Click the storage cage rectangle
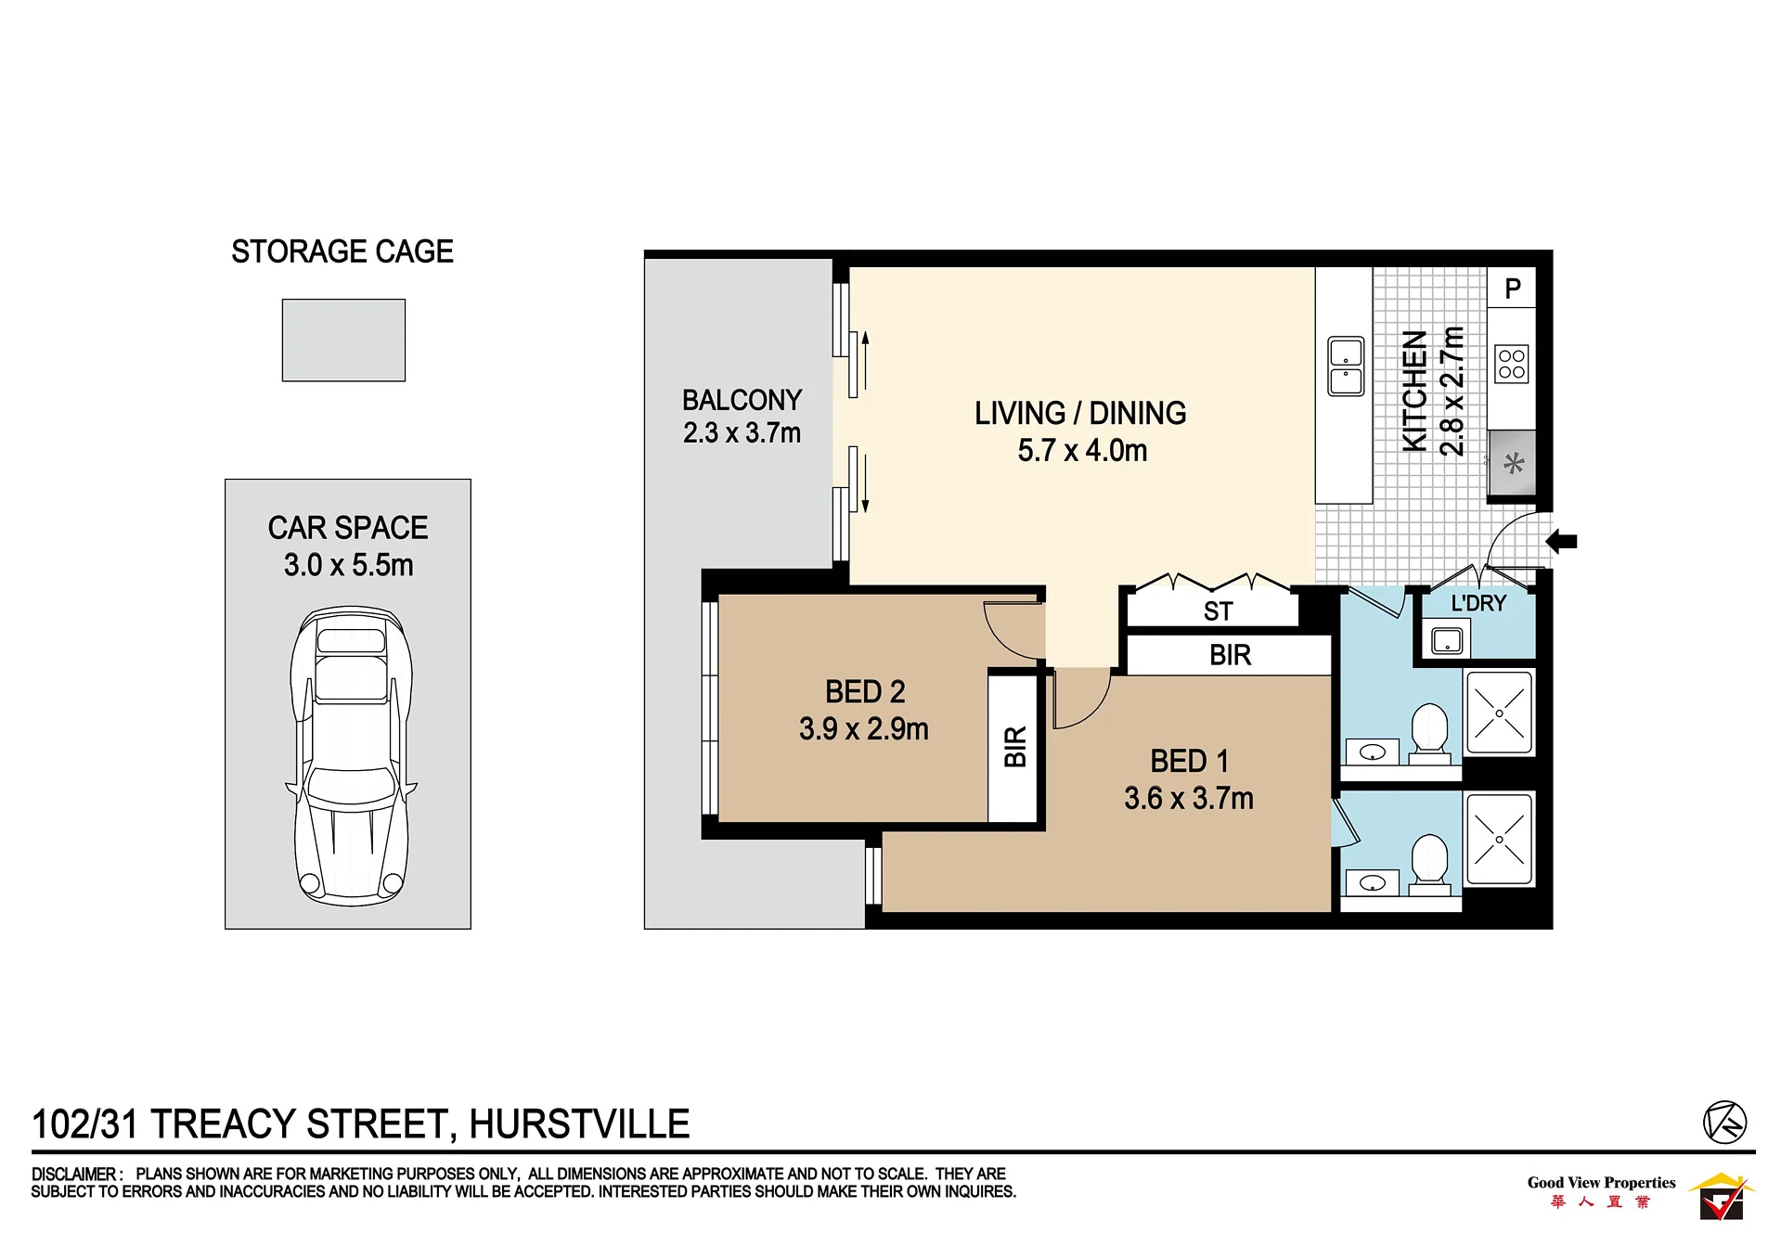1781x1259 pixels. (343, 340)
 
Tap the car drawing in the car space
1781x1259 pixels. (351, 756)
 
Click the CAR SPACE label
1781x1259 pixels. (348, 528)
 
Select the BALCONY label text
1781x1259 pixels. (742, 400)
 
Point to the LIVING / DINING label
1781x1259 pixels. (1080, 413)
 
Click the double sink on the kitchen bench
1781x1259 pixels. (1346, 366)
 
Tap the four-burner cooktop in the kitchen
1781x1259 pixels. (1511, 364)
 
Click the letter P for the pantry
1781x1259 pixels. (1513, 289)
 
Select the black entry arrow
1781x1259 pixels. (1561, 541)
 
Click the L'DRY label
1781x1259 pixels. (1478, 603)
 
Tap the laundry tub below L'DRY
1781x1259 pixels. (1447, 640)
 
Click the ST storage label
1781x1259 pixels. (1218, 611)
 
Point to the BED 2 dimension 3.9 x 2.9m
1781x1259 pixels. (863, 729)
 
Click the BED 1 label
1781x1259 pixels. (1189, 761)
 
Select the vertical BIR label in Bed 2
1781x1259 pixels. (1015, 747)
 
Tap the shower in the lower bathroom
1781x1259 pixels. (1499, 840)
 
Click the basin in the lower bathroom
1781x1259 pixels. (1372, 882)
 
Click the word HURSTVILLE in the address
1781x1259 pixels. (579, 1124)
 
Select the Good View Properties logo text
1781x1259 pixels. (1601, 1182)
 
